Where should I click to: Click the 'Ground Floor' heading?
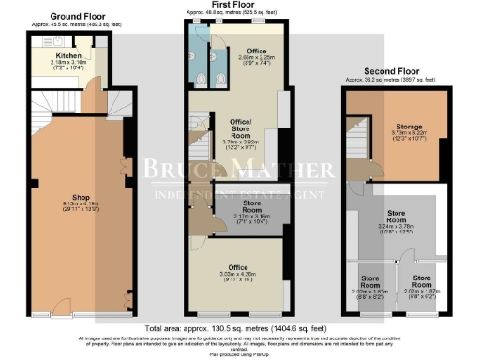[78, 17]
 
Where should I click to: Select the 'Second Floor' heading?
[392, 71]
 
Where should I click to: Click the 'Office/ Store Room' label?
[237, 131]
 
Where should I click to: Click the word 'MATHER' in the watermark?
[286, 170]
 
